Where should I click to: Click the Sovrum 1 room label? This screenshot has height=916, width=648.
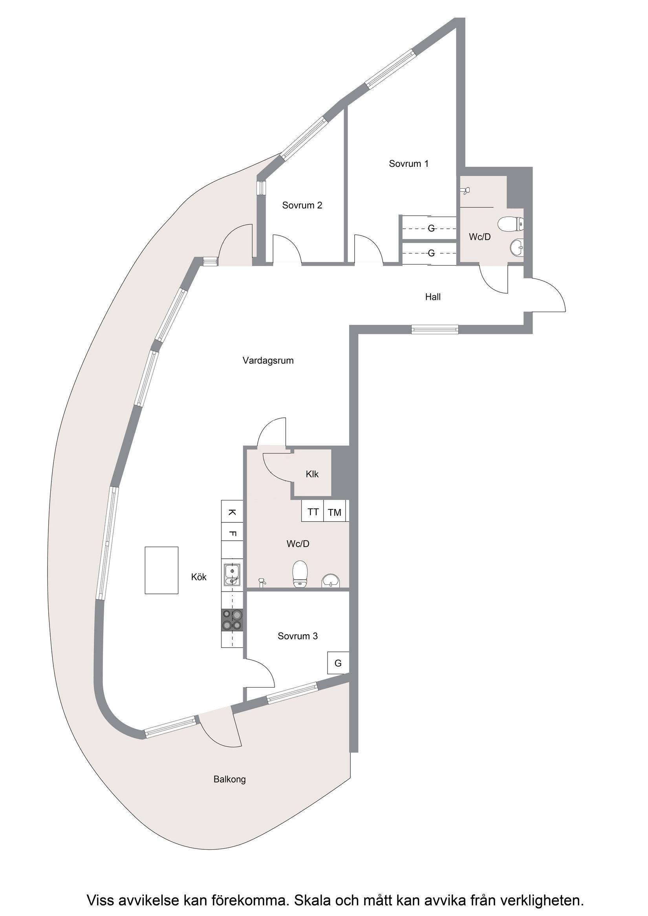click(x=408, y=164)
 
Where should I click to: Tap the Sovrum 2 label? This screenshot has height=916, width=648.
click(x=302, y=206)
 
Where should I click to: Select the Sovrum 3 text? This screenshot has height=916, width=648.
click(x=297, y=636)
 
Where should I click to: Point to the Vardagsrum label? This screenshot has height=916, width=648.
click(x=268, y=361)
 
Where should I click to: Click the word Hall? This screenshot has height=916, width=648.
click(x=433, y=297)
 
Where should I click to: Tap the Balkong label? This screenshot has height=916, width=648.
click(x=230, y=779)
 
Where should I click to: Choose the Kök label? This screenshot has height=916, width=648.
click(x=199, y=577)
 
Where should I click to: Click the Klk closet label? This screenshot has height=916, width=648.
click(x=312, y=474)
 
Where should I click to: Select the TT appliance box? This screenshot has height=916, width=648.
click(x=313, y=512)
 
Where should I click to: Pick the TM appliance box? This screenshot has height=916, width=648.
click(x=335, y=512)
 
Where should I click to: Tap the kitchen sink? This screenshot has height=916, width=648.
click(x=232, y=575)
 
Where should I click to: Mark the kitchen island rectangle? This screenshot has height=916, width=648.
click(x=161, y=571)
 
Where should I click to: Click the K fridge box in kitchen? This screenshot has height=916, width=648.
click(x=232, y=512)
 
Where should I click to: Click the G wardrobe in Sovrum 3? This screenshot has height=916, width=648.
click(x=338, y=663)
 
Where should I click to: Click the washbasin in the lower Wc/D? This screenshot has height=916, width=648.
click(x=331, y=581)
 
